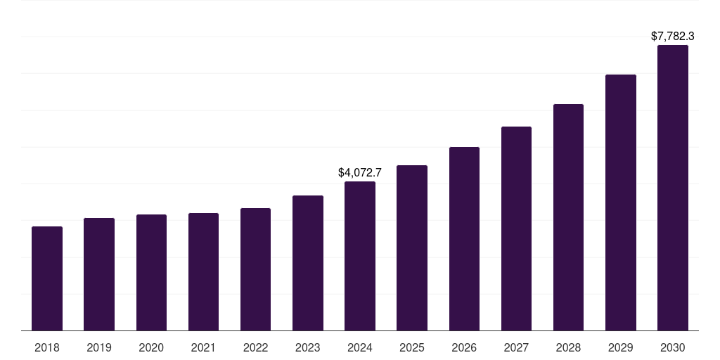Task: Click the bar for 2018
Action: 47,278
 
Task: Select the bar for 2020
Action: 151,273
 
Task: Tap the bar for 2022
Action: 255,269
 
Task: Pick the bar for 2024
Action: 360,256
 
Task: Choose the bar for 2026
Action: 464,239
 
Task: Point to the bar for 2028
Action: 568,217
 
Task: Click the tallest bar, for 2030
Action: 673,188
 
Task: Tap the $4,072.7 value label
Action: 360,172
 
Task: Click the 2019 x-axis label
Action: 99,347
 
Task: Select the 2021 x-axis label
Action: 203,347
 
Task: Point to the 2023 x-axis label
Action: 308,347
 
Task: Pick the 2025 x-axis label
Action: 412,347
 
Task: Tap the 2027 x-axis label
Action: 516,347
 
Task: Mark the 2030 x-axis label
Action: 673,347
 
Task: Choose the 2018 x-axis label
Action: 47,347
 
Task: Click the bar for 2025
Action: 412,248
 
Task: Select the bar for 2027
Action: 516,229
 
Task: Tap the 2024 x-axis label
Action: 360,347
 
